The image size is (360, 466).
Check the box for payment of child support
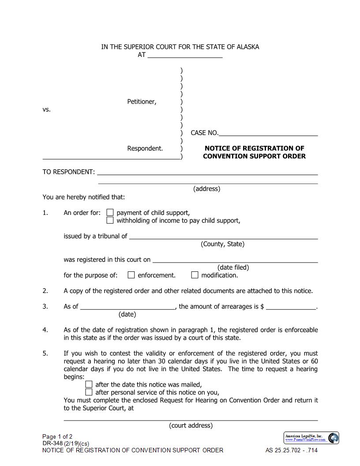click(110, 212)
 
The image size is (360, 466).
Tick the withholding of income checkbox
click(110, 220)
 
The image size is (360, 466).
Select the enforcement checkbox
click(131, 275)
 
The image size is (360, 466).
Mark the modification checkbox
click(195, 275)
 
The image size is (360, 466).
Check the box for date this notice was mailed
click(89, 384)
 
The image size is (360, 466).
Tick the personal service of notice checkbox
click(89, 392)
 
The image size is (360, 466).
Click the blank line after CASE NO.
click(268, 133)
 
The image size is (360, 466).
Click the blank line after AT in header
click(185, 55)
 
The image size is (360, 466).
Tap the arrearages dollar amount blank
click(291, 307)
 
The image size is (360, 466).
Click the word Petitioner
click(142, 102)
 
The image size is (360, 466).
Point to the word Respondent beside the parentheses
click(145, 149)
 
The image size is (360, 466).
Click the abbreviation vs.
click(47, 109)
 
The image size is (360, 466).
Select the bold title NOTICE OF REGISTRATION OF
click(254, 148)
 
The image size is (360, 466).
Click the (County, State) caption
click(222, 244)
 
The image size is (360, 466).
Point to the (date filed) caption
click(233, 267)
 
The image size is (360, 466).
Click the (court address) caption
click(191, 425)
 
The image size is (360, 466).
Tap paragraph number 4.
click(45, 330)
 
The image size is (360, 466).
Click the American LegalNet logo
click(311, 438)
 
